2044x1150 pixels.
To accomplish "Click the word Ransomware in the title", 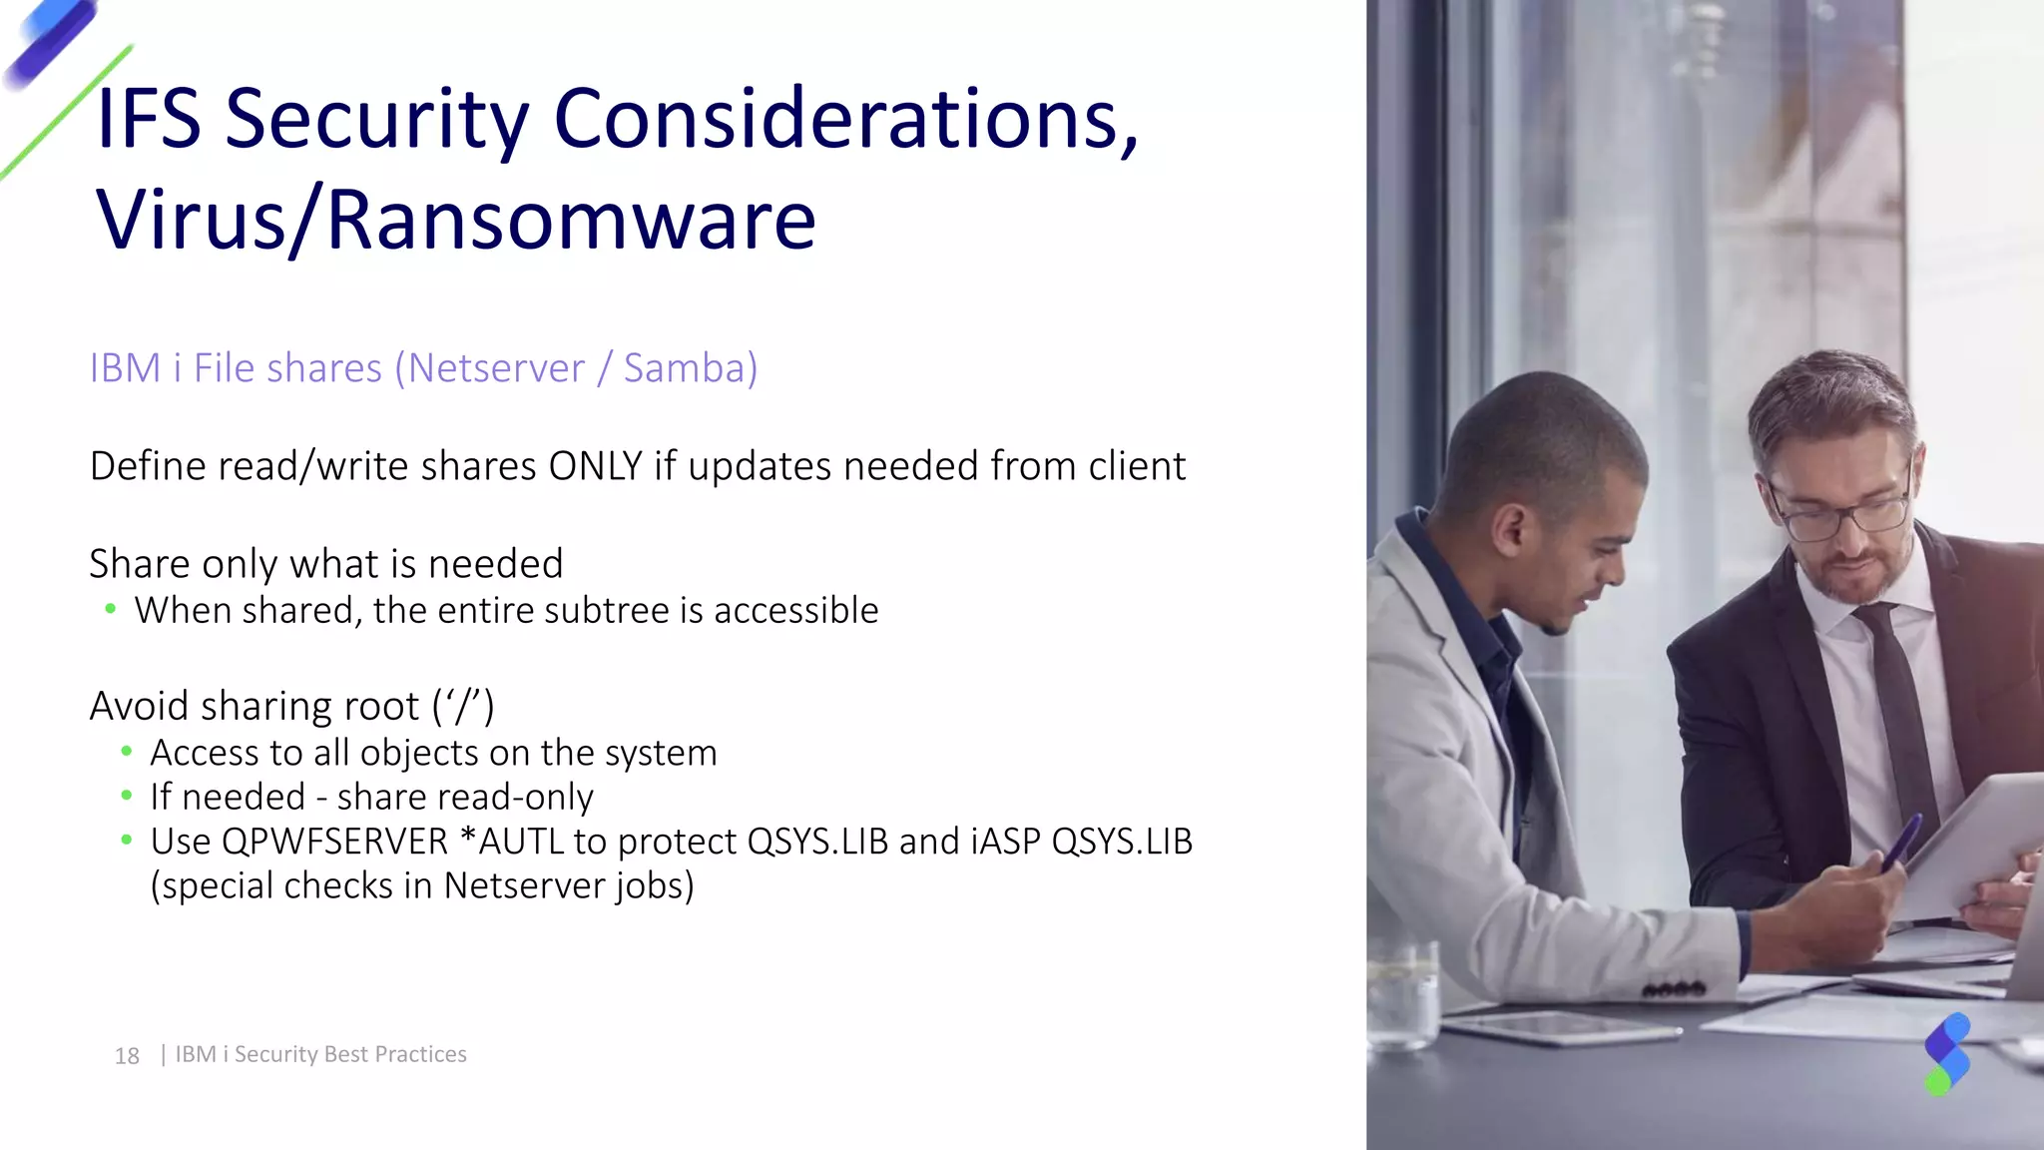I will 571,221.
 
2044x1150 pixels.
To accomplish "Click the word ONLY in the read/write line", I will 595,466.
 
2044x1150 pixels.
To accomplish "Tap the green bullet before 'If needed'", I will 126,796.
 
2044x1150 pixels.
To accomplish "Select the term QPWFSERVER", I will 334,842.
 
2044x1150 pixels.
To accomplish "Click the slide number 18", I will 127,1055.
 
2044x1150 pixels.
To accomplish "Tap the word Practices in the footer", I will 420,1054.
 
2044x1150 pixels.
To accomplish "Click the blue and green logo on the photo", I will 1946,1054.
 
